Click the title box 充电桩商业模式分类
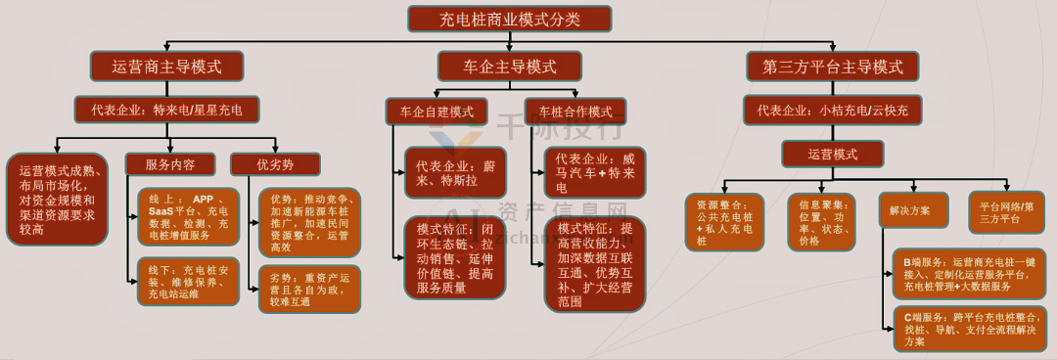click(x=509, y=19)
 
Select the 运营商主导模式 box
click(x=166, y=67)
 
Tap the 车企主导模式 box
click(x=509, y=67)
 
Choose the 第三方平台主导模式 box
click(x=832, y=67)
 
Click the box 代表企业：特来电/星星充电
click(x=166, y=109)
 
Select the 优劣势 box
click(x=275, y=164)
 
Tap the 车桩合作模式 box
click(x=575, y=112)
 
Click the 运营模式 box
click(x=832, y=154)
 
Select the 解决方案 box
click(x=912, y=209)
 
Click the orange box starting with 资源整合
click(x=721, y=222)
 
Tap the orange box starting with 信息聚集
click(x=821, y=222)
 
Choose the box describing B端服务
click(x=970, y=274)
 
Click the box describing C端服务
click(x=970, y=330)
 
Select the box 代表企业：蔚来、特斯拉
click(x=455, y=172)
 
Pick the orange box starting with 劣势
click(x=309, y=289)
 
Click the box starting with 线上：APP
click(x=188, y=216)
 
